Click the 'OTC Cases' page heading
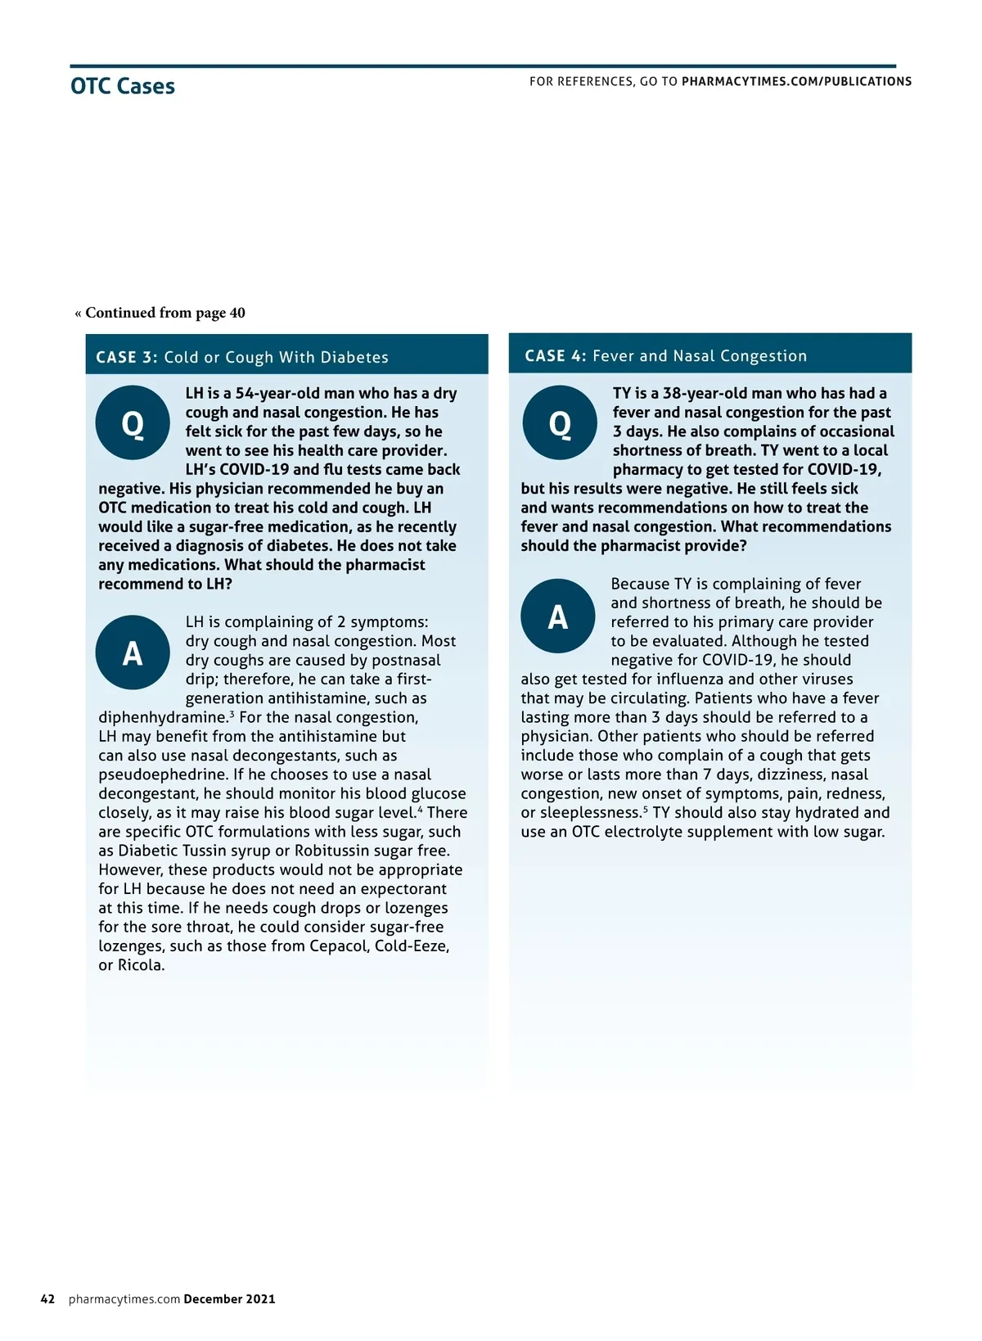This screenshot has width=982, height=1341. pyautogui.click(x=123, y=86)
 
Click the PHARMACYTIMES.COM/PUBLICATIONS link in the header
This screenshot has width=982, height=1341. pyautogui.click(x=796, y=82)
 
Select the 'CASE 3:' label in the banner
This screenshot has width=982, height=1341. pyautogui.click(x=126, y=357)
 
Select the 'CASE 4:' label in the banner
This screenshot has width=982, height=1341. pyautogui.click(x=555, y=356)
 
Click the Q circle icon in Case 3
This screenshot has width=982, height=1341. pyautogui.click(x=133, y=423)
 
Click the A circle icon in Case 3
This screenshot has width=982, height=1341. pyautogui.click(x=133, y=652)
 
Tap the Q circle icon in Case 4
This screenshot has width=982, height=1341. pyautogui.click(x=560, y=423)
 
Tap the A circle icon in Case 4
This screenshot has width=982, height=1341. pyautogui.click(x=558, y=616)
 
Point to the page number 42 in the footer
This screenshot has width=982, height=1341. pyautogui.click(x=47, y=1299)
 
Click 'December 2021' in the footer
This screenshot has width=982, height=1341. pyautogui.click(x=229, y=1299)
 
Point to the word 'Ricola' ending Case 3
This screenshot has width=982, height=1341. pyautogui.click(x=139, y=965)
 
